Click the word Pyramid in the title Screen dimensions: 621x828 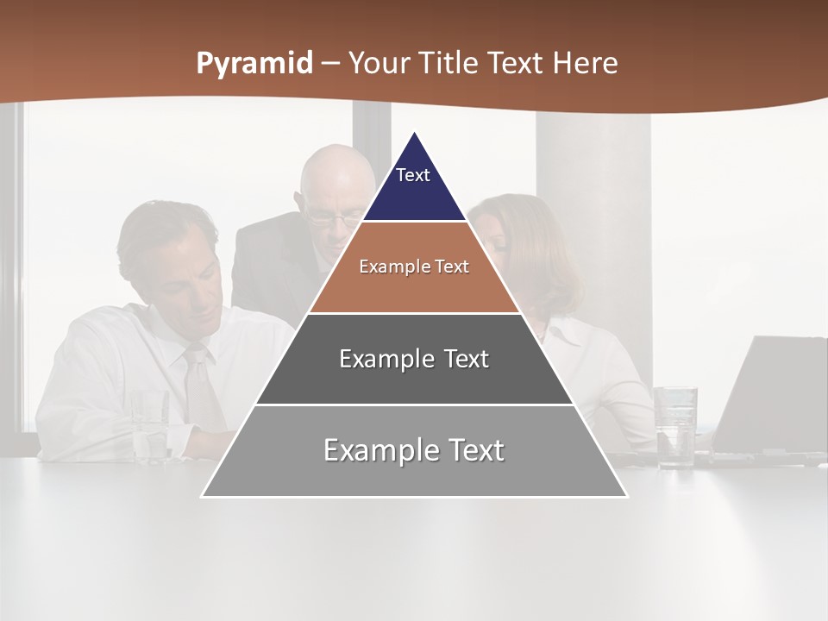tap(254, 64)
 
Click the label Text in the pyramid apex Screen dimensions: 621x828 tap(413, 175)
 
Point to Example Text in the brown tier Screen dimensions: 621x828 tap(414, 267)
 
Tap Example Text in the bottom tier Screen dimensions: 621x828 tap(414, 450)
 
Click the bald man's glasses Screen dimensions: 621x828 tap(333, 218)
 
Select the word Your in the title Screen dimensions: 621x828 tap(378, 64)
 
